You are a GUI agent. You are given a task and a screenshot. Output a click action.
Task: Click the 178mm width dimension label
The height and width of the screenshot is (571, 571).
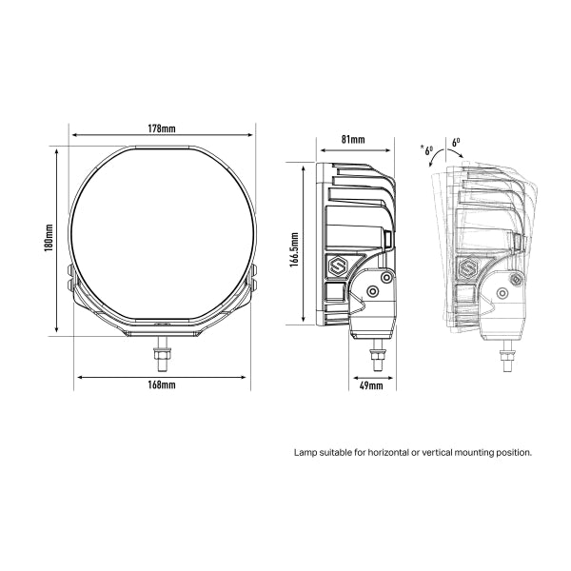point(161,128)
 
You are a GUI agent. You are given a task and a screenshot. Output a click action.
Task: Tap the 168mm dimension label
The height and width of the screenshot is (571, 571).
point(161,385)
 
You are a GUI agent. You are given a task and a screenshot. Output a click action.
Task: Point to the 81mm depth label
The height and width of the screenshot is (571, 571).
point(353,140)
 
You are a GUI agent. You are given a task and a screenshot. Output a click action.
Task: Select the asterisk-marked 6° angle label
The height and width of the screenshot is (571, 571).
point(425,149)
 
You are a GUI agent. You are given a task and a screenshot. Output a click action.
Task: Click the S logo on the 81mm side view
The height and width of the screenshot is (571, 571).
point(338,267)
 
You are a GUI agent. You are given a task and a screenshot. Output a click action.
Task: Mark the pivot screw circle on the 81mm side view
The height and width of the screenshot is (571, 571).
point(384,275)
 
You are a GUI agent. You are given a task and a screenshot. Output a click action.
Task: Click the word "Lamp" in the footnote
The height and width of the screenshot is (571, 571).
point(305,453)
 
